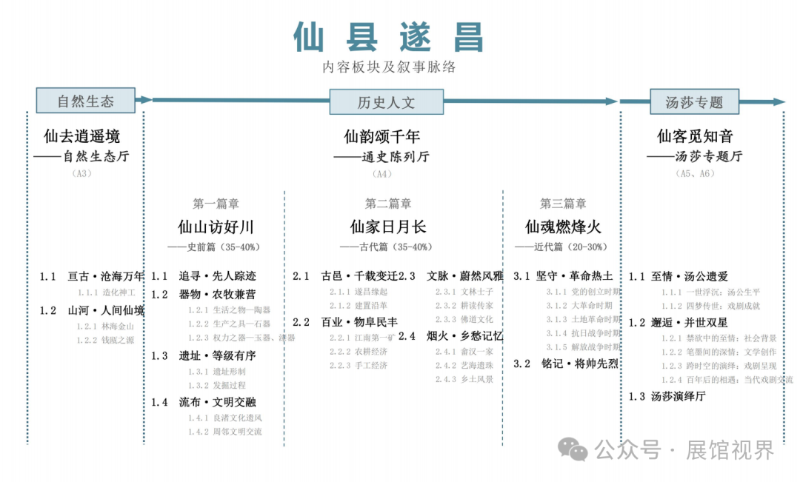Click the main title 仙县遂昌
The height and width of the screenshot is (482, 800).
[388, 37]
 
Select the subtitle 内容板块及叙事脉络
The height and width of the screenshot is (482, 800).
[388, 67]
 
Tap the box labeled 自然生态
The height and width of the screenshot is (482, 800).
[86, 101]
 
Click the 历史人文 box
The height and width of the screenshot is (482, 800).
[386, 102]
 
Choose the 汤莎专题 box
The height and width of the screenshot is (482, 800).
[693, 102]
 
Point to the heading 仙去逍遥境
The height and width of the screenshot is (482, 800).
[81, 136]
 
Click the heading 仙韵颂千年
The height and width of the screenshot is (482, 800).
[381, 136]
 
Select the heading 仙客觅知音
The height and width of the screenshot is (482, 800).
[695, 136]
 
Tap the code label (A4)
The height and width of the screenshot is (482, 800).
[381, 174]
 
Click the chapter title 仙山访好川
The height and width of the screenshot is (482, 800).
[216, 226]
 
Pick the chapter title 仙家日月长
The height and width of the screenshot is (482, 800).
[388, 226]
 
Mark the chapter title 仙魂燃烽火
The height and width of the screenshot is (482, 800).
[563, 226]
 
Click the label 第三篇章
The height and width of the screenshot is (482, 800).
[563, 204]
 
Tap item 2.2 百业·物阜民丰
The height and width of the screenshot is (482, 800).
[345, 322]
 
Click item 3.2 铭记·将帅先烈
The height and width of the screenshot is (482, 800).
[566, 364]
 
